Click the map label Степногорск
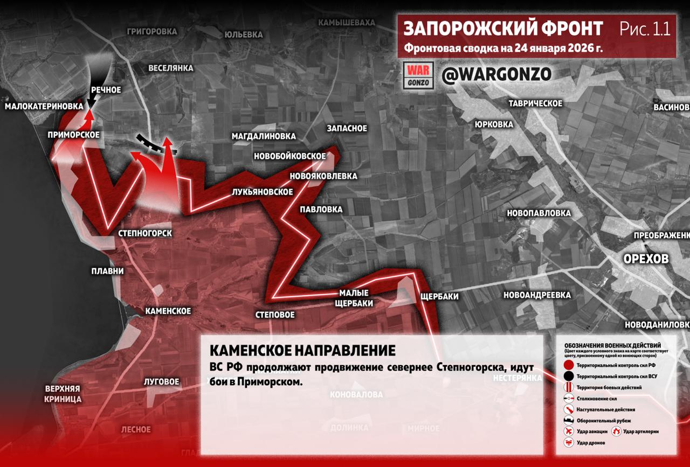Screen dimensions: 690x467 click(145, 233)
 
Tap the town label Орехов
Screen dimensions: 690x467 click(646, 259)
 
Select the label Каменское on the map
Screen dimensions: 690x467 click(168, 311)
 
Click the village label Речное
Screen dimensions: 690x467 click(106, 90)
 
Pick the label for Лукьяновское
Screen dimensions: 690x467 click(263, 192)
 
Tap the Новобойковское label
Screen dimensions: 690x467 click(290, 156)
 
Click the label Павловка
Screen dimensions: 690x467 click(321, 209)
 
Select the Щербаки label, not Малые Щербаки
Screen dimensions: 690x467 click(439, 296)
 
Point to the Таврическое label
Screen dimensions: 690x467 click(536, 103)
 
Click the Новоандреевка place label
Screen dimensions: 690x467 click(537, 295)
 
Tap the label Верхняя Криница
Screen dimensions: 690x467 click(63, 394)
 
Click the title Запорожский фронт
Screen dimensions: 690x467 click(503, 28)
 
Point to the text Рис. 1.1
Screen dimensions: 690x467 click(645, 29)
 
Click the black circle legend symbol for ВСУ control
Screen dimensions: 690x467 click(568, 376)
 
